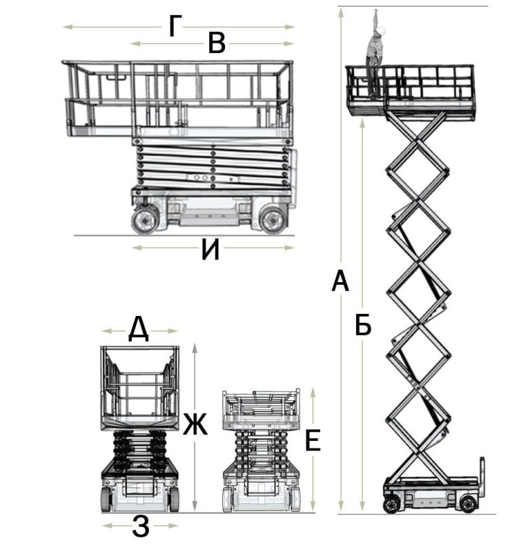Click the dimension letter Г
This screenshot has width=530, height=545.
pos(175,27)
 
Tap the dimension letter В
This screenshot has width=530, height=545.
pos(217,43)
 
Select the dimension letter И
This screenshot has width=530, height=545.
pos(210,250)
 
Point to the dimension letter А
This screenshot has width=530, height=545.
pos(340,281)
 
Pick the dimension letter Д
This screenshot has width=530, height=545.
pos(139,330)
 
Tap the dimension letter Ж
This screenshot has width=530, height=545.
pos(195,424)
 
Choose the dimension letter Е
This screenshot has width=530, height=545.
pos(313,440)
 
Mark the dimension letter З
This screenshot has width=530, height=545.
pos(141,526)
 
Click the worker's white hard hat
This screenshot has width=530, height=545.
pos(382,31)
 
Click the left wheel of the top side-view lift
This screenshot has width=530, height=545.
pos(144,220)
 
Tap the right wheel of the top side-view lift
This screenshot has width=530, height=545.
pos(274,220)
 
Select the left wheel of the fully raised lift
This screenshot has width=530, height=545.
pos(391,504)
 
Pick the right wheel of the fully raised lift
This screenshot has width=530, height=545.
pos(468,504)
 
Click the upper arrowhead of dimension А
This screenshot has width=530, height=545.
pos(341,13)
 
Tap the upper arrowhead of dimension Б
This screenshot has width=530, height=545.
pos(362,124)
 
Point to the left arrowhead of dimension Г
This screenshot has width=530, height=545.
pos(68,27)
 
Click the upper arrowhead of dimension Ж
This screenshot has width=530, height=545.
pos(195,349)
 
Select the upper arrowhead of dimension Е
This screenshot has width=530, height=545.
pos(313,393)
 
